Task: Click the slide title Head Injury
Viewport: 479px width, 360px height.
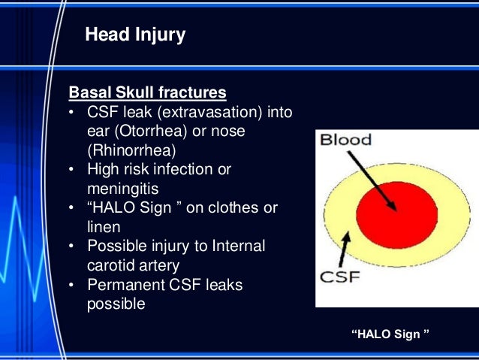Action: click(x=135, y=35)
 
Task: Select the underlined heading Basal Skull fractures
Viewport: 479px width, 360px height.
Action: click(x=147, y=93)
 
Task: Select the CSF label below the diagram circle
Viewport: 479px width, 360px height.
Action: click(x=342, y=277)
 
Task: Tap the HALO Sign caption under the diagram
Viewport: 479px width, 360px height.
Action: click(x=390, y=334)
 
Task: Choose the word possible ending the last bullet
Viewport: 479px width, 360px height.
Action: click(x=116, y=304)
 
